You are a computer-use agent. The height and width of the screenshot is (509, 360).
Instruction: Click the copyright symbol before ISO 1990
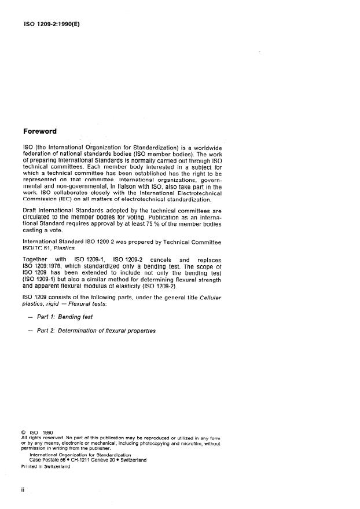tap(24, 431)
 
